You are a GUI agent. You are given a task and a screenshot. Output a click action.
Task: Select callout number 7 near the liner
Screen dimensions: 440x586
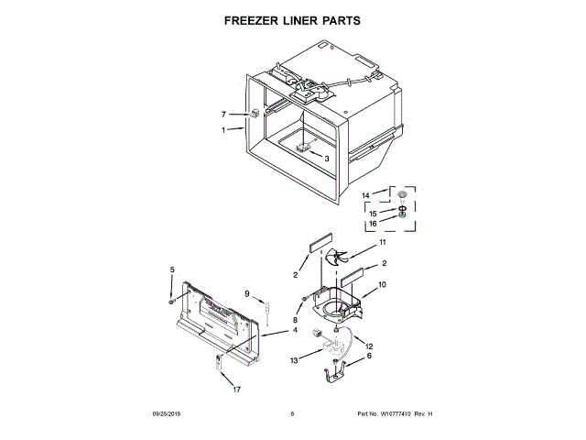click(222, 115)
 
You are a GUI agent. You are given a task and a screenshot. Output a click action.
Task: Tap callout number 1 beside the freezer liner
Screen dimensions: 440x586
click(222, 130)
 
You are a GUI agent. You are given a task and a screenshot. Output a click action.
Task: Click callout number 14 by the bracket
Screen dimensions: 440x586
click(365, 195)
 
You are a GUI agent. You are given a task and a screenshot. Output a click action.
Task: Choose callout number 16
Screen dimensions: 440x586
click(372, 224)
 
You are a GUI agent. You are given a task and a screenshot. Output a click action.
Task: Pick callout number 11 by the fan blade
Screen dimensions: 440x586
click(383, 243)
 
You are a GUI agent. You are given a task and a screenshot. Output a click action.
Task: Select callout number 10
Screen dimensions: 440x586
click(382, 285)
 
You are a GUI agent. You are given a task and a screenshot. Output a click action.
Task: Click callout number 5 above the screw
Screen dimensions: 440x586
click(171, 269)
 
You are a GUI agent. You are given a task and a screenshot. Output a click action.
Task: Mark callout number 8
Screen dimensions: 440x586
click(295, 319)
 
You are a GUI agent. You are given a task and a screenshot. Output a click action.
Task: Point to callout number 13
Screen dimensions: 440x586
click(294, 362)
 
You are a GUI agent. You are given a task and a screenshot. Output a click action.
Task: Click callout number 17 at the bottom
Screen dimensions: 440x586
click(235, 390)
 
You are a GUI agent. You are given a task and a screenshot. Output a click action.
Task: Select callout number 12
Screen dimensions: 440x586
click(369, 346)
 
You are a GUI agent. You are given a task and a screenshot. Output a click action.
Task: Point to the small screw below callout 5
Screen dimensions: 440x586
click(171, 300)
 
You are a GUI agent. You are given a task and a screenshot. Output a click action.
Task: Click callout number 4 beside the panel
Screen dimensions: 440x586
click(295, 330)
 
